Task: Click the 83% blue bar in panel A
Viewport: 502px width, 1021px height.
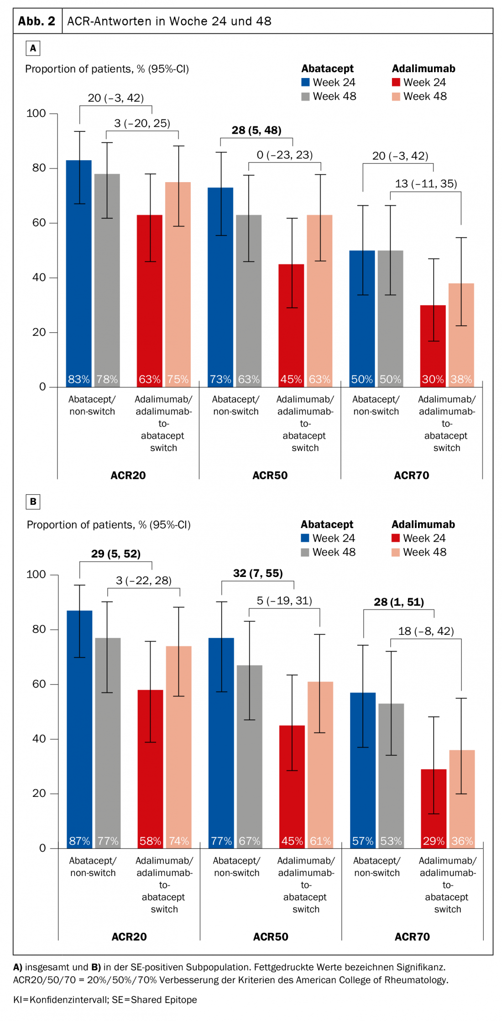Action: click(79, 274)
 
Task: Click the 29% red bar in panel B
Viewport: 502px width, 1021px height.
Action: click(434, 808)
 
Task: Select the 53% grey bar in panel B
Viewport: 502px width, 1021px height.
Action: click(391, 775)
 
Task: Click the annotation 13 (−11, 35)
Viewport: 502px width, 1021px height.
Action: click(426, 183)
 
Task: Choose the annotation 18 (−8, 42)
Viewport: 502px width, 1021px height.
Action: click(426, 631)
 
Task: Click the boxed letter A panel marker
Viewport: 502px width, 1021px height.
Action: click(33, 48)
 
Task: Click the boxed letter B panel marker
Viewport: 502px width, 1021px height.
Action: click(33, 502)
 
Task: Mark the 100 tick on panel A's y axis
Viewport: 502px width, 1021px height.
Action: click(37, 113)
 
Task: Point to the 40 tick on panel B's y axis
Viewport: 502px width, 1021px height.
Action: click(39, 738)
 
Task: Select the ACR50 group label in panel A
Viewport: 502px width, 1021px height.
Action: click(270, 475)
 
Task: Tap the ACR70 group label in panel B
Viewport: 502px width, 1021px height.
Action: click(412, 937)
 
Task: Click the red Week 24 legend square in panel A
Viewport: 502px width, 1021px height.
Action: click(396, 82)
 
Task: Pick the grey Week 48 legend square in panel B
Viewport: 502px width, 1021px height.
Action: click(305, 552)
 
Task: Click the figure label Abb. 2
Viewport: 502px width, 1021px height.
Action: click(37, 21)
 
